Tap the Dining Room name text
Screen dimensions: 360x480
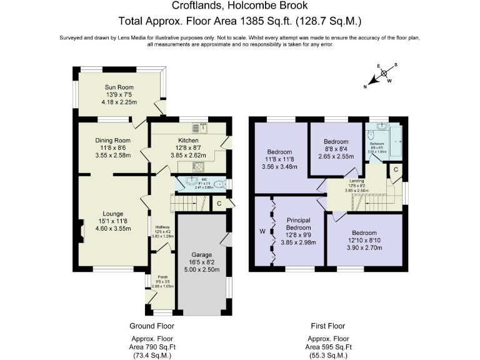point(112,141)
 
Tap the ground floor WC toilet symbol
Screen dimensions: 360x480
point(216,184)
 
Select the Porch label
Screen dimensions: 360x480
point(162,277)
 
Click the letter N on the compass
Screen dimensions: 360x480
point(366,87)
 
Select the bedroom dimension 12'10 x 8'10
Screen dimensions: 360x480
point(362,241)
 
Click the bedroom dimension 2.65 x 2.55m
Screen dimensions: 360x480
point(336,157)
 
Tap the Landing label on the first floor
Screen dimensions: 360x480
point(358,181)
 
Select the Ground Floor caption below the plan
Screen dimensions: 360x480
point(151,326)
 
